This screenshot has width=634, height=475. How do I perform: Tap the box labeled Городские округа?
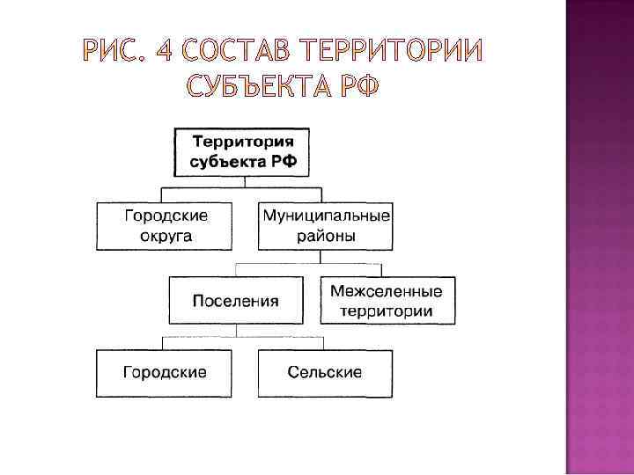(165, 225)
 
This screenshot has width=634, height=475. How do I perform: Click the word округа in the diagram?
(166, 236)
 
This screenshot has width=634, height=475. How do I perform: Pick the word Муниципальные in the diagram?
(325, 215)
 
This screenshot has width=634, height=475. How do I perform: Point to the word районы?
(326, 236)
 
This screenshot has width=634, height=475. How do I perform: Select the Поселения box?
(235, 300)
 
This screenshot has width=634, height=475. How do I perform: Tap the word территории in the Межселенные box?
(387, 311)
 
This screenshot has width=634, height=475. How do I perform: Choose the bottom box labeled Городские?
(165, 372)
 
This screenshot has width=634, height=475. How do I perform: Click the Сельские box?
(325, 372)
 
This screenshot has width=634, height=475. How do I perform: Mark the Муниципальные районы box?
(326, 225)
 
